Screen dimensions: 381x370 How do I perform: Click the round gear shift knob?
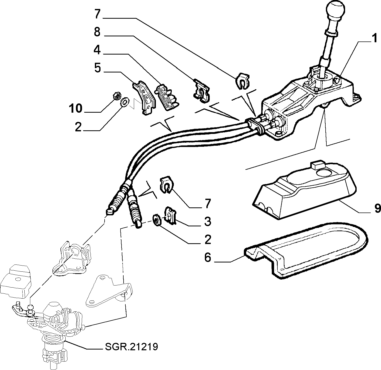(335, 10)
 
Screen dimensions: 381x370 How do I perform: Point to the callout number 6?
(208, 257)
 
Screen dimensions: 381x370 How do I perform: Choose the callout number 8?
(97, 32)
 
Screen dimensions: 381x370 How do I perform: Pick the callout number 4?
(97, 50)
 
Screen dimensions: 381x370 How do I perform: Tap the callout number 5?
(97, 68)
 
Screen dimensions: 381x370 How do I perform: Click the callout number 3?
(207, 221)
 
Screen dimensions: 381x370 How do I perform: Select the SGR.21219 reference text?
(131, 347)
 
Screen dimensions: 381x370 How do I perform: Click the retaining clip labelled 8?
(202, 91)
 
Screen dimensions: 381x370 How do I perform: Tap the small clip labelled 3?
(170, 216)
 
